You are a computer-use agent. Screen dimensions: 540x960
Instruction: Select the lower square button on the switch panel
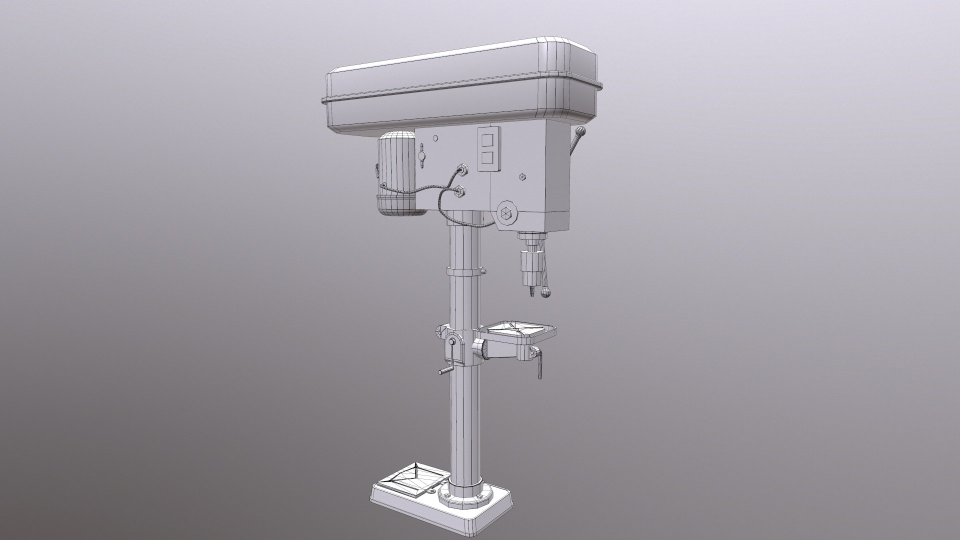(x=488, y=159)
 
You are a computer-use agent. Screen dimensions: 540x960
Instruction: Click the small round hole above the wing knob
(x=435, y=138)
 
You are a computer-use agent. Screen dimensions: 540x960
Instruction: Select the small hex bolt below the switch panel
(x=523, y=177)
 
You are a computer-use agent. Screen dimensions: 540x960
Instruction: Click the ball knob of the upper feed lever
(x=580, y=132)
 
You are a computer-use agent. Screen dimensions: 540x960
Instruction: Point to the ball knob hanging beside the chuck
(x=546, y=293)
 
